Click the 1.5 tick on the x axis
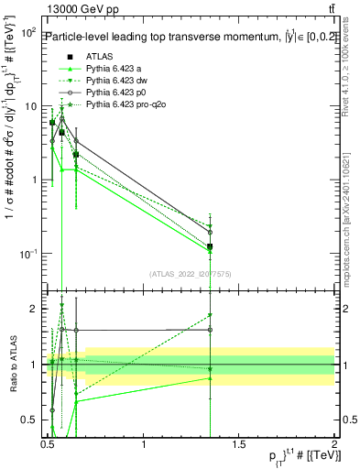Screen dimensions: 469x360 coord(239,443)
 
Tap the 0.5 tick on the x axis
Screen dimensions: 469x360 coord(48,443)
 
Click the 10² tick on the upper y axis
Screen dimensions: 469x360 coord(29,32)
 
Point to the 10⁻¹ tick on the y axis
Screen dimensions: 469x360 coord(28,253)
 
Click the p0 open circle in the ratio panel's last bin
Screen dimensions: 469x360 coord(211,329)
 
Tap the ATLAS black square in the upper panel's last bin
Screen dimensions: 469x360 coord(211,246)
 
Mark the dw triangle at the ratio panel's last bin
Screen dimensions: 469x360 coord(211,315)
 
